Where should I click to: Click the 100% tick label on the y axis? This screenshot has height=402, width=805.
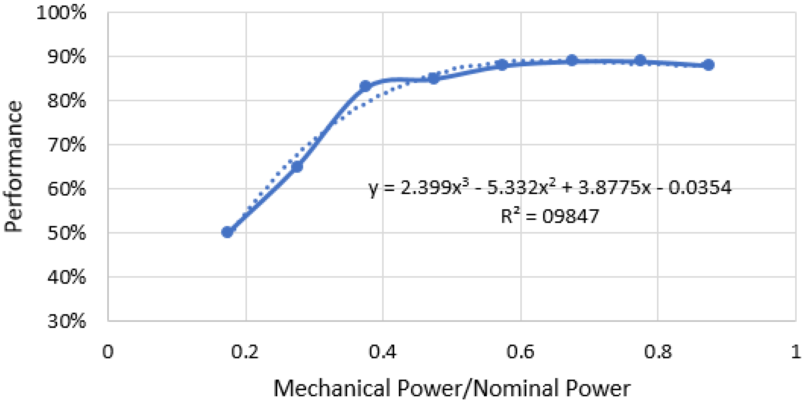61,13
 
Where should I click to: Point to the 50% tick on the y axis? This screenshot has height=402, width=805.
66,233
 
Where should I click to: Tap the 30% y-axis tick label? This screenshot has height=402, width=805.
66,321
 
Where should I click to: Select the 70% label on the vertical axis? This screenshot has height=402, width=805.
66,145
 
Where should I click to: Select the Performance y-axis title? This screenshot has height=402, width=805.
13,166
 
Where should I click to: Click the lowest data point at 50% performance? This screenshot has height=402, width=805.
227,232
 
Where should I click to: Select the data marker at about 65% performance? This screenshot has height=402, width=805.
297,167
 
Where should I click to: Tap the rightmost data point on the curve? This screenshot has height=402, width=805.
708,65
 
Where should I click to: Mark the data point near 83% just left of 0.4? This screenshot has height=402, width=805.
365,86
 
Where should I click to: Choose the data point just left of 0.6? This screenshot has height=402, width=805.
502,65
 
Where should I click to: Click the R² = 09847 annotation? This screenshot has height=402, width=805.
550,216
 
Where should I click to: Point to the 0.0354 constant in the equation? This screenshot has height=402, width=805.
700,188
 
